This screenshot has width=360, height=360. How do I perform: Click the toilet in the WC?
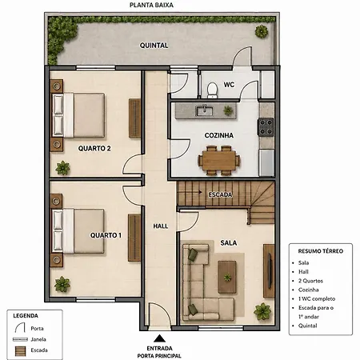212,90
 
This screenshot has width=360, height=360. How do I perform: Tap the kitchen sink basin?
204,110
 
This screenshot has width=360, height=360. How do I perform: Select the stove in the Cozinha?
266,126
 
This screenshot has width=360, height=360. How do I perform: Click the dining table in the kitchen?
218,160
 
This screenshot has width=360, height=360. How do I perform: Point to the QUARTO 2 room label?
94,148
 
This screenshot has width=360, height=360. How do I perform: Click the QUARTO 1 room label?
106,235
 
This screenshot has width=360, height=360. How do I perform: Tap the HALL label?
161,226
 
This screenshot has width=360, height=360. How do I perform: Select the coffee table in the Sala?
227,277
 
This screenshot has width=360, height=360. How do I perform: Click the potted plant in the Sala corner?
262,311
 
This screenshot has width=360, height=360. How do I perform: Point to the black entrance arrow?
159,338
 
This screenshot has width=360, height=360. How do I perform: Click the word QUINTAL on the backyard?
154,46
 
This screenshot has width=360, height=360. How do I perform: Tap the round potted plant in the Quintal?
262,31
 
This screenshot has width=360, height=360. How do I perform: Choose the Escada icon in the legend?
20,351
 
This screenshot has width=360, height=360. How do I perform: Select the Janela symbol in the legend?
20,339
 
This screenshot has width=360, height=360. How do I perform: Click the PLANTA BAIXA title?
151,5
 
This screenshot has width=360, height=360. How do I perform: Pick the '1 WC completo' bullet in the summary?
317,298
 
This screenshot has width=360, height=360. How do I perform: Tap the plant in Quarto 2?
62,168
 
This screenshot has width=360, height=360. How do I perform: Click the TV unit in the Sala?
269,270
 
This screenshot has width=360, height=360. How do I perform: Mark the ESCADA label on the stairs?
220,194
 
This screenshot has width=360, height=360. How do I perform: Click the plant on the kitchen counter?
228,110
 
